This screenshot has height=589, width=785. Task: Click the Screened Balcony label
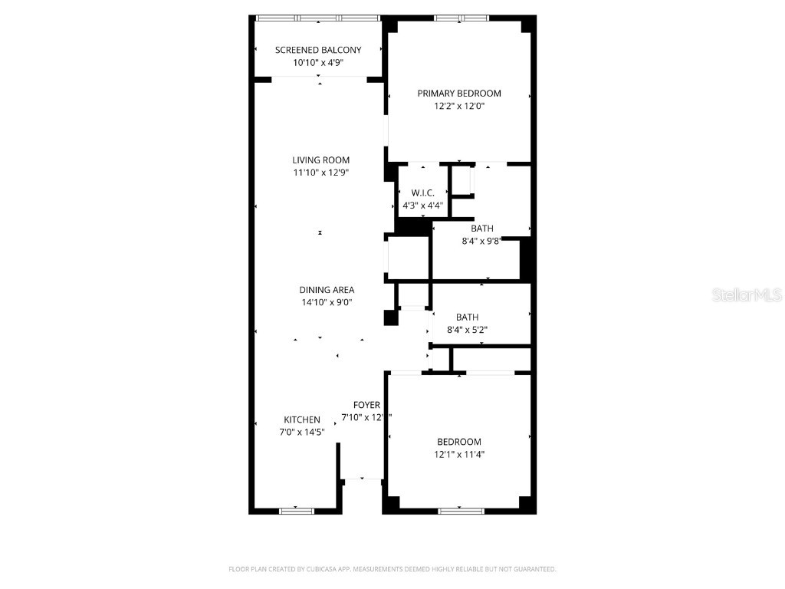coord(318,50)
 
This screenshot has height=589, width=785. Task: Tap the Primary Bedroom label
coord(459,94)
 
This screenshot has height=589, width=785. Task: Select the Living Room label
coord(320,160)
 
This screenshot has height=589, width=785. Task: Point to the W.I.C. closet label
coord(423,193)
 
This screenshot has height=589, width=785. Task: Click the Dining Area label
coord(327,290)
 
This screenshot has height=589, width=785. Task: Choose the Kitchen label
coord(302,420)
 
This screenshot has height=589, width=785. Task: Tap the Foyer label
coord(366,405)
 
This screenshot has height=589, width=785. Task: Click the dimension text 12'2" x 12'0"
coord(459,107)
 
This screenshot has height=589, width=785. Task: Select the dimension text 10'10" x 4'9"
coord(318,63)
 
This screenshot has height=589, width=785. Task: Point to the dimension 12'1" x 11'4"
coord(459,454)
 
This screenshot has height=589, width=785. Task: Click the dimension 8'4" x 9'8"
coord(481,241)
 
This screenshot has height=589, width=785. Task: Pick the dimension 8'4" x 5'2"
coord(467,330)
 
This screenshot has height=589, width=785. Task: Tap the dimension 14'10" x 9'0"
coord(327,302)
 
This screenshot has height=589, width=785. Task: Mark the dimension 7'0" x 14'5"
coord(302,432)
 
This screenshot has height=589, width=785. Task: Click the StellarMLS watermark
coord(746,294)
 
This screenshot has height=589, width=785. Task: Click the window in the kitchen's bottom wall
coord(297,510)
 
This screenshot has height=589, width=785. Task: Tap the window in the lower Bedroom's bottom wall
coord(461,510)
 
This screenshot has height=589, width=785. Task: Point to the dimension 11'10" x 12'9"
coord(320,173)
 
